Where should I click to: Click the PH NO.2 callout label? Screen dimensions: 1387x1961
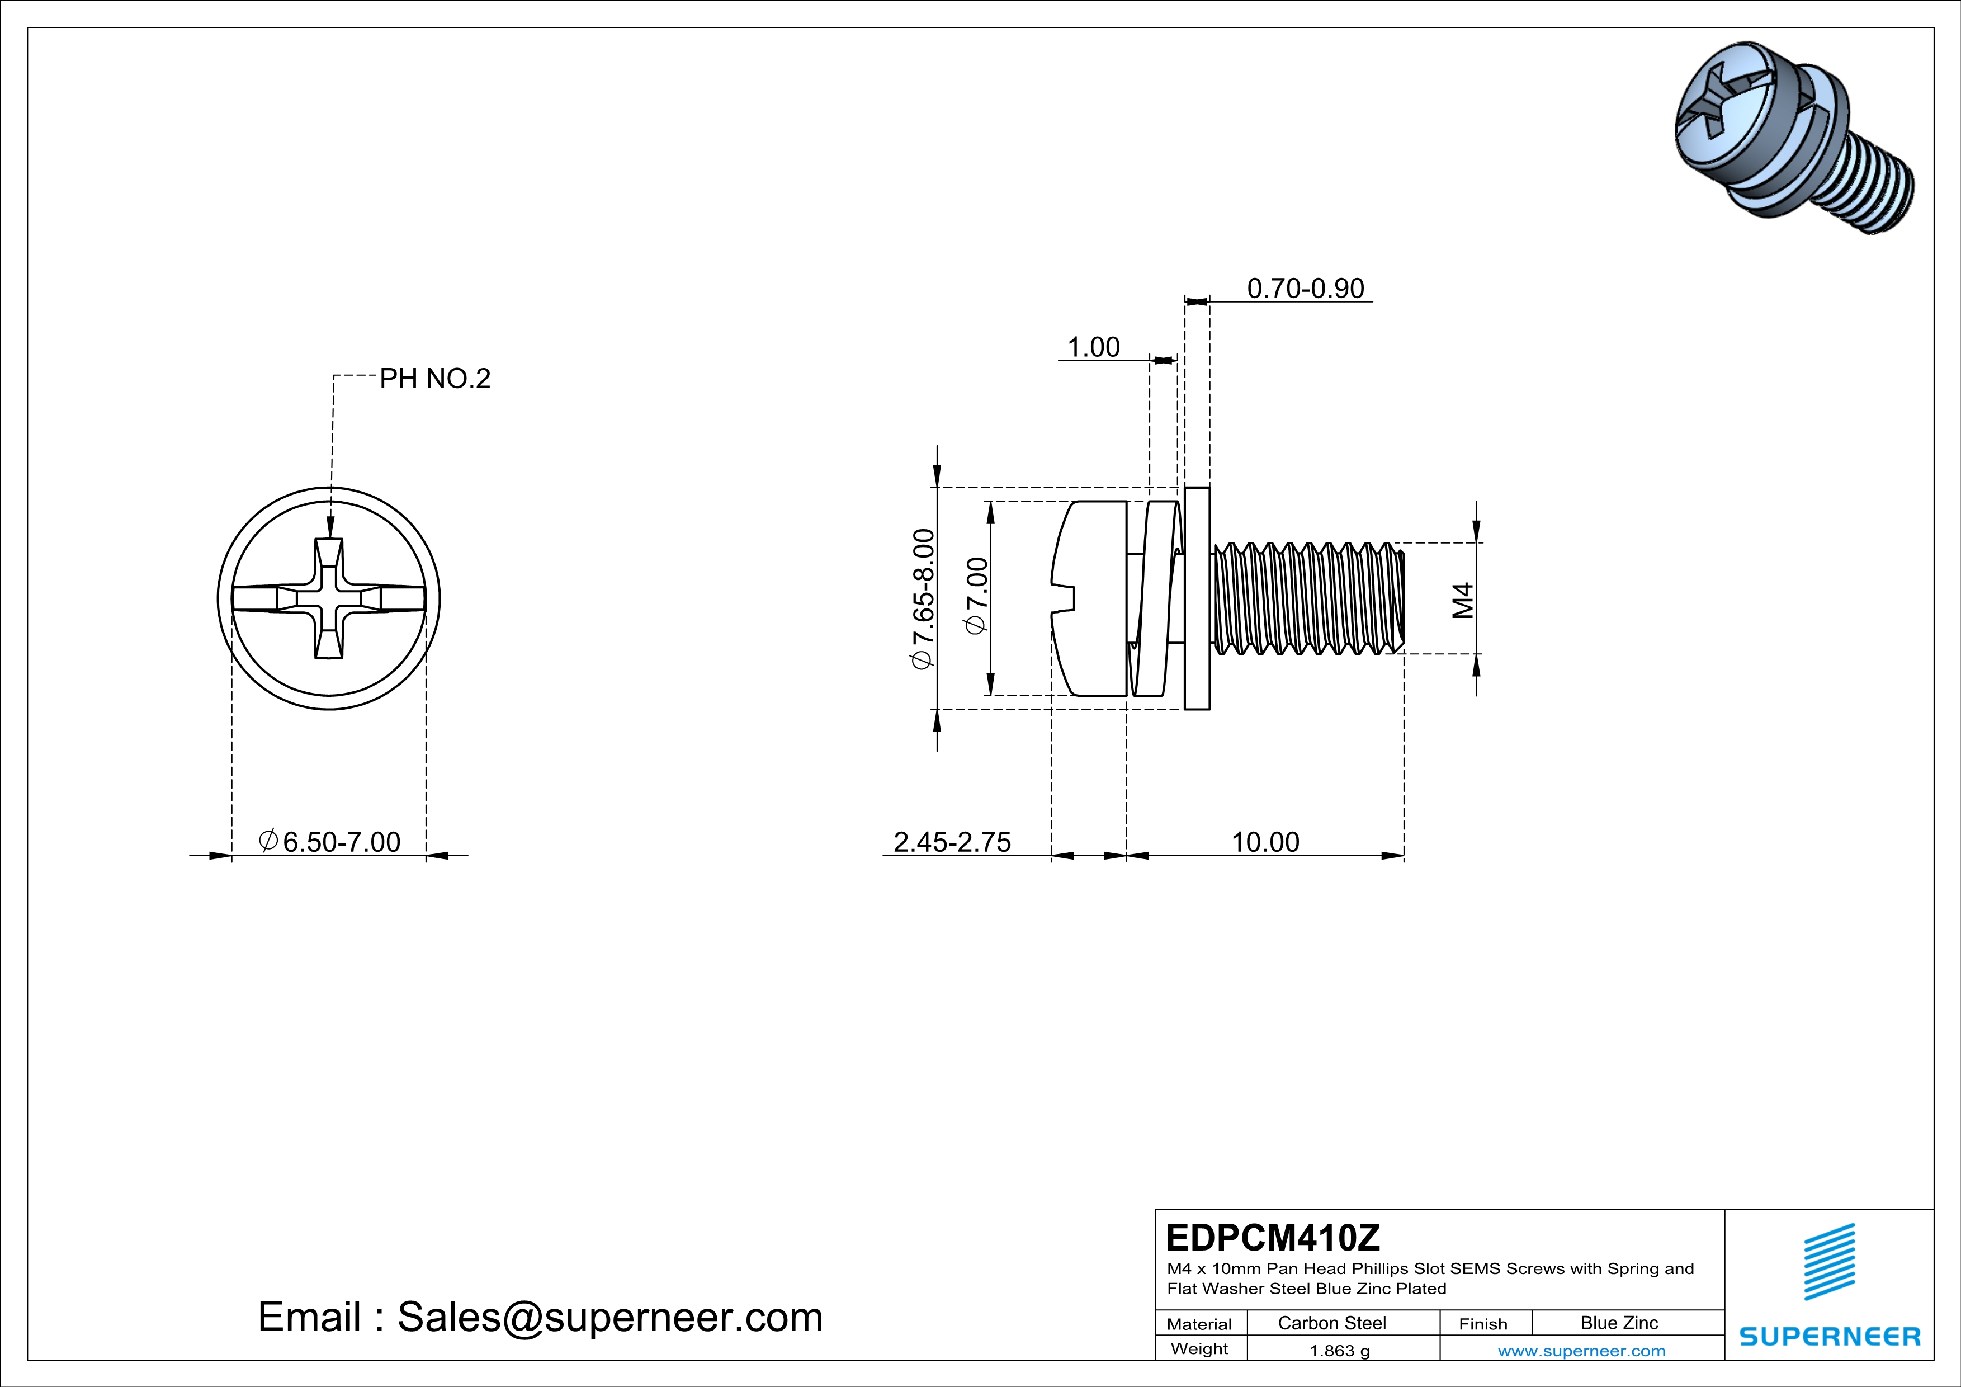[x=434, y=379]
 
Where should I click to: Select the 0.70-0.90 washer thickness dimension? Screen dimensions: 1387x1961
[x=1305, y=289]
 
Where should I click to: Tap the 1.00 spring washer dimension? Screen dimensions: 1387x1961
[x=1093, y=348]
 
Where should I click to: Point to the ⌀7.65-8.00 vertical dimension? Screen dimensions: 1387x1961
[x=923, y=598]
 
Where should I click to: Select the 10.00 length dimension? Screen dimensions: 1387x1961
[x=1265, y=842]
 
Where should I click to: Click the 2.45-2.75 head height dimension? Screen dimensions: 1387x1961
[x=952, y=842]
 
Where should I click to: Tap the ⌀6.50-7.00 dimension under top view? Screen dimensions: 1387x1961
[x=330, y=842]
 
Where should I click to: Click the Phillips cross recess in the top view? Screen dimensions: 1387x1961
[x=329, y=598]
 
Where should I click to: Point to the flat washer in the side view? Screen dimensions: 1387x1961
[x=1197, y=598]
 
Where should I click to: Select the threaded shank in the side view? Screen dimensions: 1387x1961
[x=1307, y=598]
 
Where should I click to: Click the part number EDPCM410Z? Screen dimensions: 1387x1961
[x=1273, y=1238]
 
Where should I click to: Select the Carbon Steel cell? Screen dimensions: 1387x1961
[x=1331, y=1323]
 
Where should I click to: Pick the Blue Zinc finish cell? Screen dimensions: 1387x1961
[x=1618, y=1323]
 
